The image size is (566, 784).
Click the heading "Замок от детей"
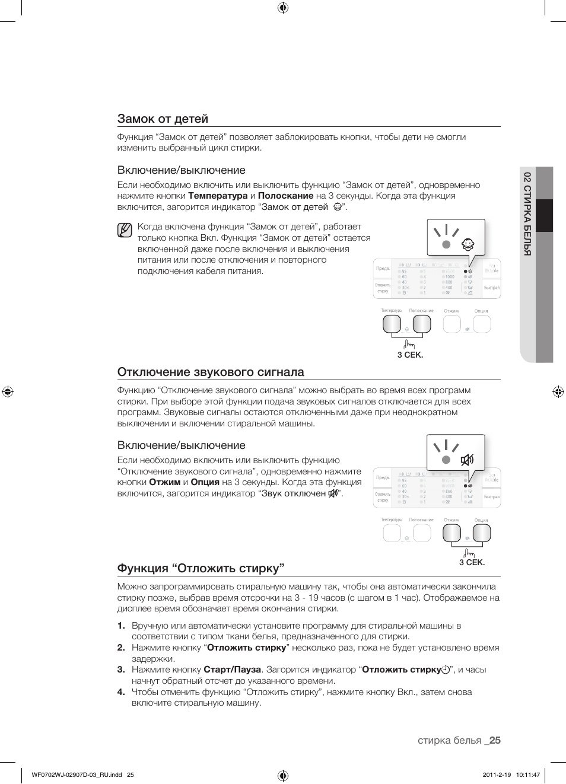coord(163,119)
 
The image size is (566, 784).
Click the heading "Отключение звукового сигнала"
coord(211,372)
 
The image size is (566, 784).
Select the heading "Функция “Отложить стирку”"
coord(201,568)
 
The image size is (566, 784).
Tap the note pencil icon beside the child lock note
coord(125,230)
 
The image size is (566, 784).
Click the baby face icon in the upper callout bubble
coord(468,244)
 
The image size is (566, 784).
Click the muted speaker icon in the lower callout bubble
coord(468,460)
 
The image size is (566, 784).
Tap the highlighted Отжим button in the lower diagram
coord(451,533)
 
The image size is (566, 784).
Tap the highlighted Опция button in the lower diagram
coord(481,533)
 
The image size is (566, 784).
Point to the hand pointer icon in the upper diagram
coord(409,344)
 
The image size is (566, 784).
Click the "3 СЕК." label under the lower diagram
coord(472,562)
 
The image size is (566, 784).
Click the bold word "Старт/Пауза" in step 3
coord(232,670)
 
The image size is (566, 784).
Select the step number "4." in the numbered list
coord(121,692)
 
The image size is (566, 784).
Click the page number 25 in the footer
coord(495,740)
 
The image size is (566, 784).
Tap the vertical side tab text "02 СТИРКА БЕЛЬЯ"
coord(527,213)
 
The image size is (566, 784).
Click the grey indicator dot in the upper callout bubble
coord(447,244)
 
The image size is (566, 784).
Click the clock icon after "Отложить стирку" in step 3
coord(445,670)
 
